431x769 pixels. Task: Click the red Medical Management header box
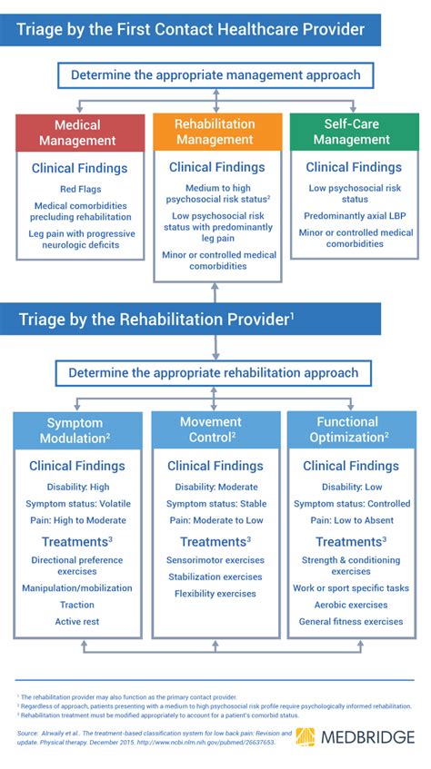coord(79,133)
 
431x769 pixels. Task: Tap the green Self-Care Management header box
coord(351,133)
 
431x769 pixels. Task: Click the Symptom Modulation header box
coord(77,430)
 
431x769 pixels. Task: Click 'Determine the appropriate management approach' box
coord(215,75)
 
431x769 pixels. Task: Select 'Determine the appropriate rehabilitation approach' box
coord(214,372)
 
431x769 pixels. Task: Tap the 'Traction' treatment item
coord(77,604)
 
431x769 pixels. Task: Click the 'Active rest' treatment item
coord(77,622)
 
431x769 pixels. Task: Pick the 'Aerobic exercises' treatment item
coord(351,604)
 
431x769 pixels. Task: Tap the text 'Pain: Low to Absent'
coord(351,520)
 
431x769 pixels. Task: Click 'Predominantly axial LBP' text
coord(351,217)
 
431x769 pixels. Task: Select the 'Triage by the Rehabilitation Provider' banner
coord(155,319)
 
